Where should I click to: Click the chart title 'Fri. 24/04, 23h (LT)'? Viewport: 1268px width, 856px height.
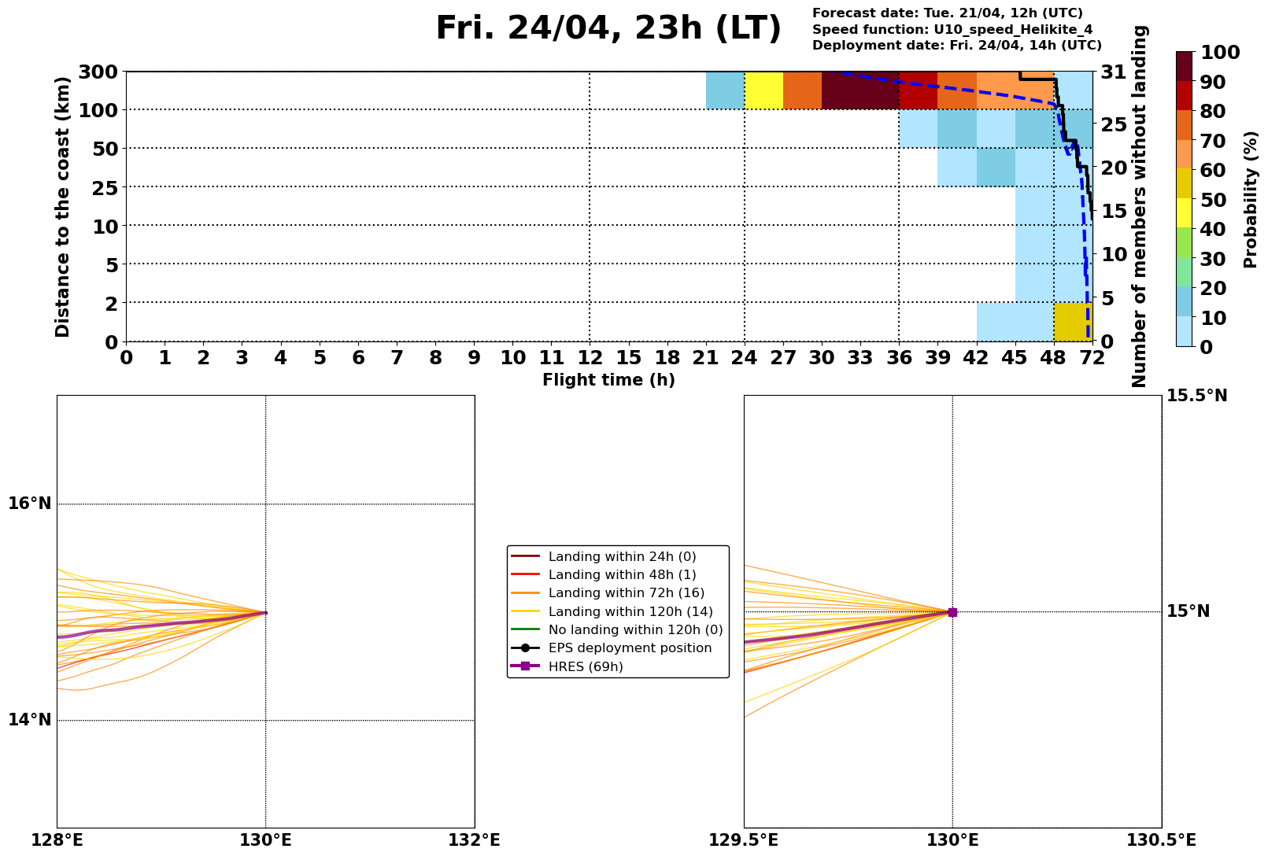pyautogui.click(x=608, y=29)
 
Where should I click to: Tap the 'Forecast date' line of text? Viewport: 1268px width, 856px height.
pyautogui.click(x=947, y=13)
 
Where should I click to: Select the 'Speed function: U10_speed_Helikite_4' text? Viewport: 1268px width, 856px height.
pyautogui.click(x=952, y=30)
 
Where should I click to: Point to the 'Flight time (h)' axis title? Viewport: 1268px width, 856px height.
pyautogui.click(x=608, y=381)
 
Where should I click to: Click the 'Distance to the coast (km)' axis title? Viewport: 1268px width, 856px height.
pyautogui.click(x=63, y=207)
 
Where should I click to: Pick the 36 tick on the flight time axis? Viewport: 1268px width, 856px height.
pyautogui.click(x=899, y=358)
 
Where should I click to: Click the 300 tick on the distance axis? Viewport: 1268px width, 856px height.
pyautogui.click(x=99, y=72)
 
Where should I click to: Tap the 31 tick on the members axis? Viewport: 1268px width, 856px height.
pyautogui.click(x=1115, y=72)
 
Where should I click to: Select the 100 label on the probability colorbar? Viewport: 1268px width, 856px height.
pyautogui.click(x=1221, y=53)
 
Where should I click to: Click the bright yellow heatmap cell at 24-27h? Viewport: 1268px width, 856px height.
pyautogui.click(x=763, y=90)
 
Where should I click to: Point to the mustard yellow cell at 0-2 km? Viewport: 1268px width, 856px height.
pyautogui.click(x=1073, y=322)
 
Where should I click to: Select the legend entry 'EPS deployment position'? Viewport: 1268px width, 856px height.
pyautogui.click(x=630, y=648)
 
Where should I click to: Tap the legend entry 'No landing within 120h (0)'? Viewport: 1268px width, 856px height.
pyautogui.click(x=635, y=630)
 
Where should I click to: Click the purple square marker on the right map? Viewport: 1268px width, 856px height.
pyautogui.click(x=952, y=612)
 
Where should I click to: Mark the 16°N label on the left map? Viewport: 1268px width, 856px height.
pyautogui.click(x=30, y=504)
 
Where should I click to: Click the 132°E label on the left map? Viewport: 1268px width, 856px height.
pyautogui.click(x=474, y=840)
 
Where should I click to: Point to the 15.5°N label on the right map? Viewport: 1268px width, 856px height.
pyautogui.click(x=1196, y=396)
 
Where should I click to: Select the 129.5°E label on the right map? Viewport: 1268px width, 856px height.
pyautogui.click(x=745, y=840)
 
